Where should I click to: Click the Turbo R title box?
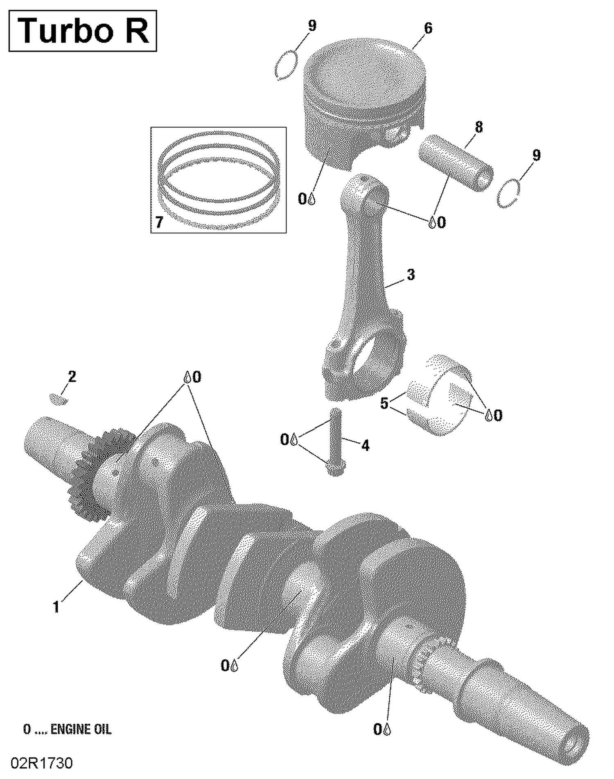(82, 31)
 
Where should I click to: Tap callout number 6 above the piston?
(428, 28)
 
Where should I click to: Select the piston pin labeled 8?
(455, 163)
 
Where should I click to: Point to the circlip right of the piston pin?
(508, 194)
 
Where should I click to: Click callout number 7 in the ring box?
(159, 222)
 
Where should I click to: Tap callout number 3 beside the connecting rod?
(411, 275)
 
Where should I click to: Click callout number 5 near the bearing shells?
(384, 404)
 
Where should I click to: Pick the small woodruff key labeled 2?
(59, 398)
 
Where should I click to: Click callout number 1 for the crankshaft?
(56, 607)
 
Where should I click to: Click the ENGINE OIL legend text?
(68, 729)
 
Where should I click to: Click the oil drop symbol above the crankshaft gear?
(187, 377)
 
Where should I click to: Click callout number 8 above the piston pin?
(479, 127)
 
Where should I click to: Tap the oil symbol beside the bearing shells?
(488, 415)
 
